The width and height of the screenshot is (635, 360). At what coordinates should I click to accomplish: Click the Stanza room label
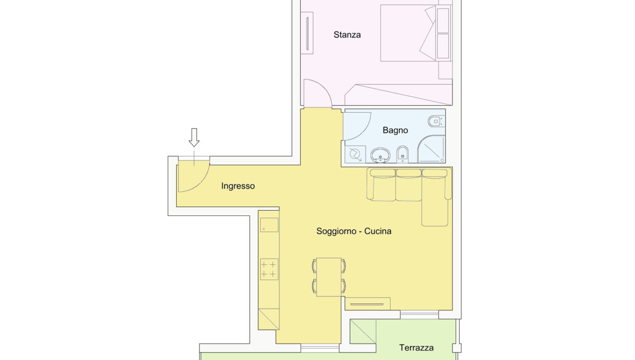pos(347,34)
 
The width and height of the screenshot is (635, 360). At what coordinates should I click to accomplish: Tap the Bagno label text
pos(395,130)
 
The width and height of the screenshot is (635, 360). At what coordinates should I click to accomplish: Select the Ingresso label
pos(238,186)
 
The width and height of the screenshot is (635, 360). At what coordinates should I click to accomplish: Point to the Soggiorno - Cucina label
pos(354,231)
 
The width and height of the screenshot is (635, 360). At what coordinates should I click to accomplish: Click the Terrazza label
pos(416,348)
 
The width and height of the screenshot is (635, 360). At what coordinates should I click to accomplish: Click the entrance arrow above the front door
pos(194,138)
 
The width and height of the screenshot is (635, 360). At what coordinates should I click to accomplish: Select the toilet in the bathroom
pos(436,121)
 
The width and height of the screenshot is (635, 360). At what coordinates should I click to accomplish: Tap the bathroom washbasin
pos(380,155)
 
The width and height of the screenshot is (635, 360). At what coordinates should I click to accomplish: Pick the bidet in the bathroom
pos(402,154)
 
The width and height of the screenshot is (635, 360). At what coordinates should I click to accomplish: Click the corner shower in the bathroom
pos(431,149)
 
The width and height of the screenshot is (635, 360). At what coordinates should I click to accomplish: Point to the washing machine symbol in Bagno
pos(355,155)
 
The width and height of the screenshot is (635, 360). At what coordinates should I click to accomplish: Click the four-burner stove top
pos(269,269)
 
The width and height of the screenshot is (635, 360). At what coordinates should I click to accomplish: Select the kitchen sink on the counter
pos(269,225)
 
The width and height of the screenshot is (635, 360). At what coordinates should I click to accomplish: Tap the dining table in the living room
pos(329,277)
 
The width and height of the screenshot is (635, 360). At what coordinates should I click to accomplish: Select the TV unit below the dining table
pos(367,303)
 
